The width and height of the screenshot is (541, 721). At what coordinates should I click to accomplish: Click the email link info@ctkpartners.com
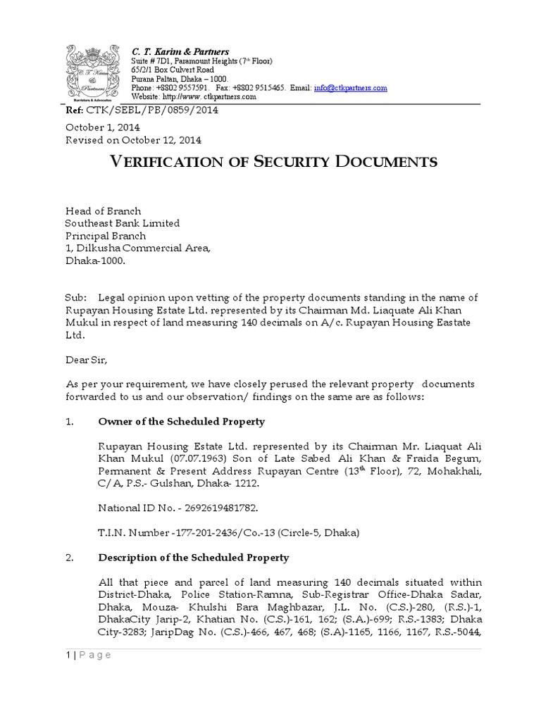pyautogui.click(x=351, y=88)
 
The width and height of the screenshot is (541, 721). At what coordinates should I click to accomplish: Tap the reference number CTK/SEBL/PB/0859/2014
pyautogui.click(x=161, y=111)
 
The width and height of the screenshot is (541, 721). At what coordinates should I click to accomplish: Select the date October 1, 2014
pyautogui.click(x=103, y=127)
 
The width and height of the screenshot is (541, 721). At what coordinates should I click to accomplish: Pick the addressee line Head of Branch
pyautogui.click(x=103, y=211)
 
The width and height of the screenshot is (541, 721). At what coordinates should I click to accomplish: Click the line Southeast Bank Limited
pyautogui.click(x=123, y=223)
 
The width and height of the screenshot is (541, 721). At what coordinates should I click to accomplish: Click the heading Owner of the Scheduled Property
pyautogui.click(x=181, y=421)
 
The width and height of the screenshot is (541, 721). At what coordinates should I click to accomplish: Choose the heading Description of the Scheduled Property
pyautogui.click(x=193, y=558)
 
